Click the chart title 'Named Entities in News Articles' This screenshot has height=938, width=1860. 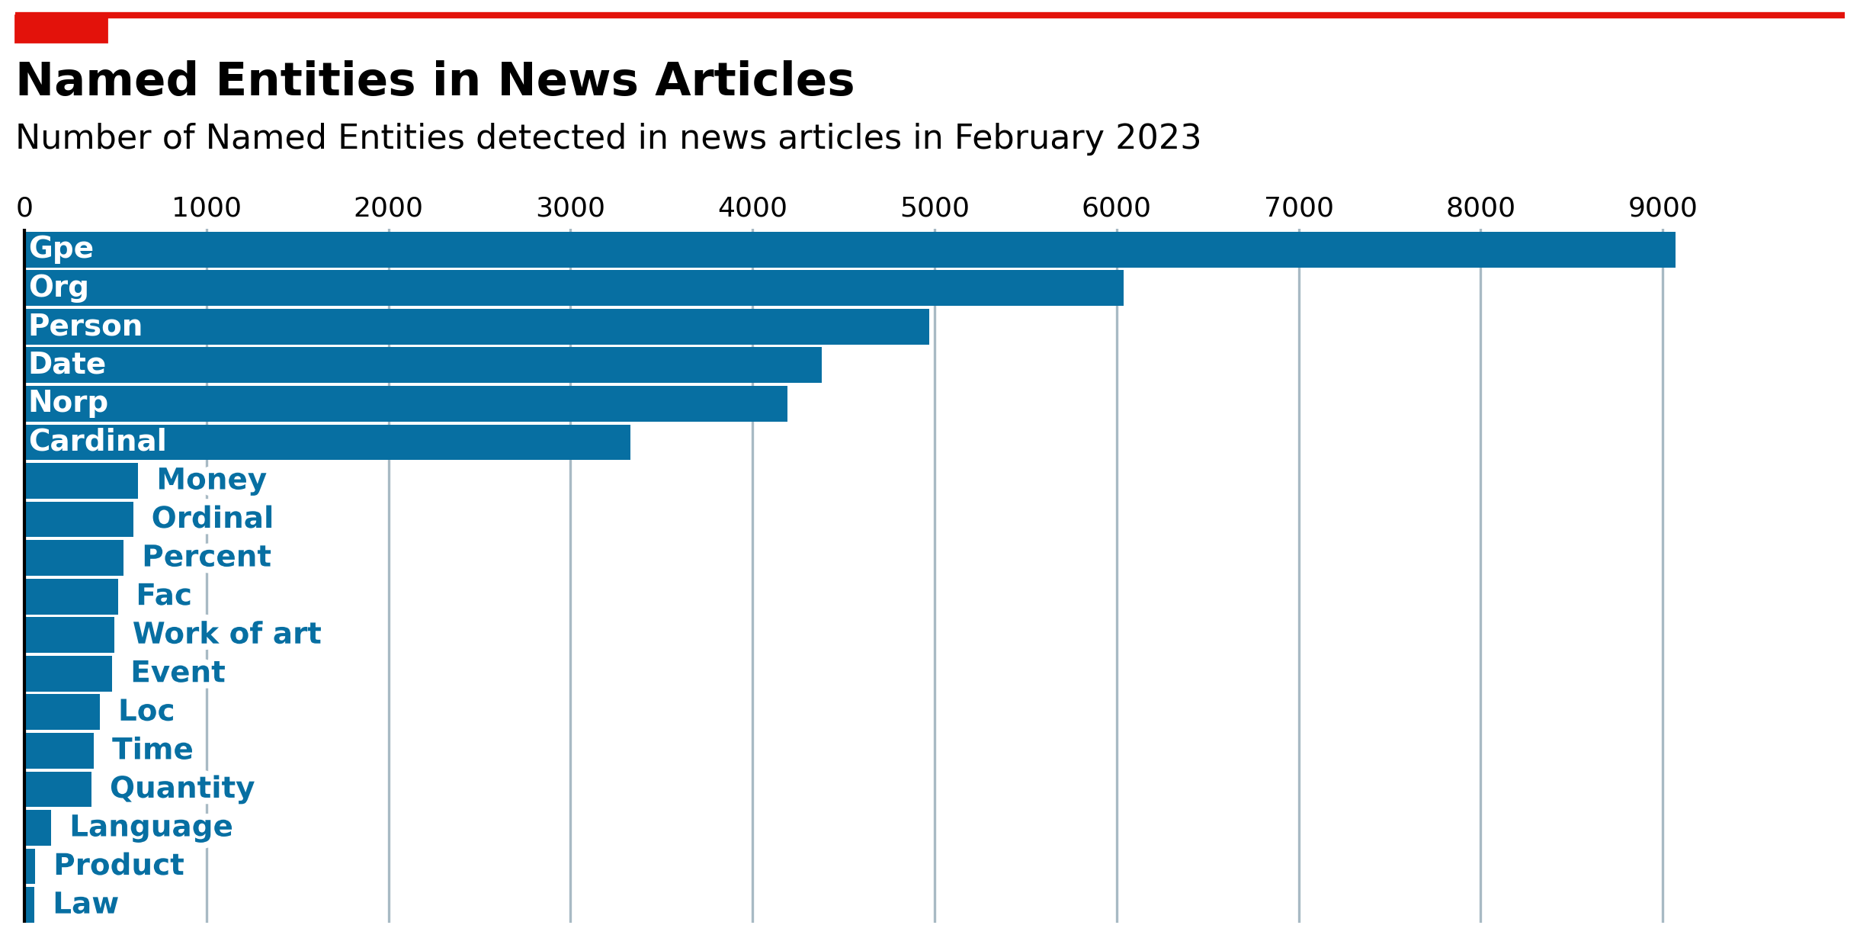pyautogui.click(x=435, y=80)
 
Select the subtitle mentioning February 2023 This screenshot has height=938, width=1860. pyautogui.click(x=608, y=137)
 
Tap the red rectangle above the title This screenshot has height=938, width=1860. pyautogui.click(x=61, y=29)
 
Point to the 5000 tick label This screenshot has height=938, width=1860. pyautogui.click(x=935, y=207)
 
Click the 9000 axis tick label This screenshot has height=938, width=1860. pyautogui.click(x=1663, y=207)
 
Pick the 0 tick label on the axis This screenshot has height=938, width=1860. pyautogui.click(x=24, y=207)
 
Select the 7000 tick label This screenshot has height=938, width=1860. pyautogui.click(x=1299, y=207)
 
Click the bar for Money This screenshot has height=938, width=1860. pyautogui.click(x=82, y=480)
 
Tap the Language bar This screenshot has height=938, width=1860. pyautogui.click(x=38, y=827)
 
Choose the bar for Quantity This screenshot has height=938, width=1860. pyautogui.click(x=58, y=789)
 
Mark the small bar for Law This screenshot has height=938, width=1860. pyautogui.click(x=30, y=904)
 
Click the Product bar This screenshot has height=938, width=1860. pyautogui.click(x=30, y=866)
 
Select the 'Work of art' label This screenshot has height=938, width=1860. pyautogui.click(x=227, y=634)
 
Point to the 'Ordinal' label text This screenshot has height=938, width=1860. pyautogui.click(x=213, y=518)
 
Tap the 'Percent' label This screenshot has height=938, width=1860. pyautogui.click(x=207, y=557)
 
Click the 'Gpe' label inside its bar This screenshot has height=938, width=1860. pyautogui.click(x=61, y=249)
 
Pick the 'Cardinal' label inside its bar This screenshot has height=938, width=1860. pyautogui.click(x=98, y=441)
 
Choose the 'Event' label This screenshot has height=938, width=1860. pyautogui.click(x=178, y=673)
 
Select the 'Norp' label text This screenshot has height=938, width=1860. pyautogui.click(x=69, y=403)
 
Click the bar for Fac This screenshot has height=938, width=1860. pyautogui.click(x=72, y=596)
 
